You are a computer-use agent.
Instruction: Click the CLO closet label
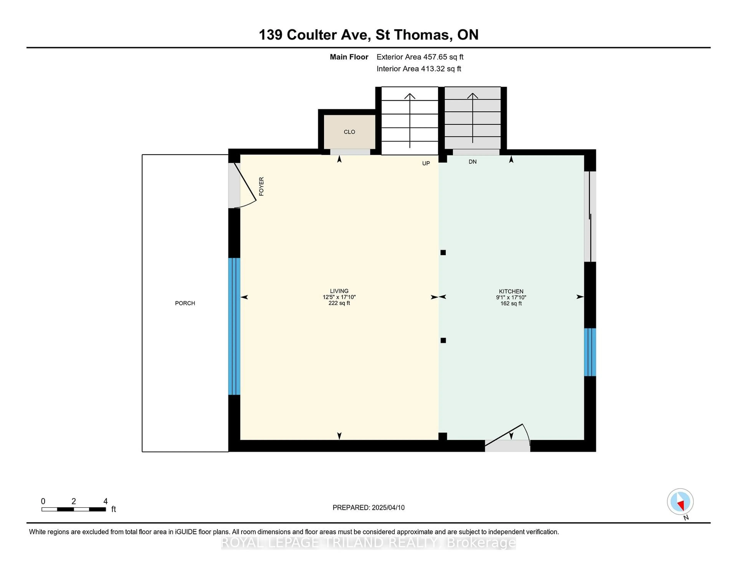349,132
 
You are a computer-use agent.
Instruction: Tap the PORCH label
185,303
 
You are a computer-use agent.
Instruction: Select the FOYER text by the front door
261,186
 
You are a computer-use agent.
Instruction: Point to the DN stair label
473,162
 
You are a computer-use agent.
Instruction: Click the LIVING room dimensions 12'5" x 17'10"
339,297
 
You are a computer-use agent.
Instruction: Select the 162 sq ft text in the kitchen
511,303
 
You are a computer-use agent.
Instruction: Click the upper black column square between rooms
443,252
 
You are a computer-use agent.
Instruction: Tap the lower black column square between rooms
443,340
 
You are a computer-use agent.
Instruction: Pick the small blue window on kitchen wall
590,352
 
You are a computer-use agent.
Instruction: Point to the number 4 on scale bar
105,501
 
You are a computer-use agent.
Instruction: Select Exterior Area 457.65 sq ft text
420,57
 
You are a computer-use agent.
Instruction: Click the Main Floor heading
349,57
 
